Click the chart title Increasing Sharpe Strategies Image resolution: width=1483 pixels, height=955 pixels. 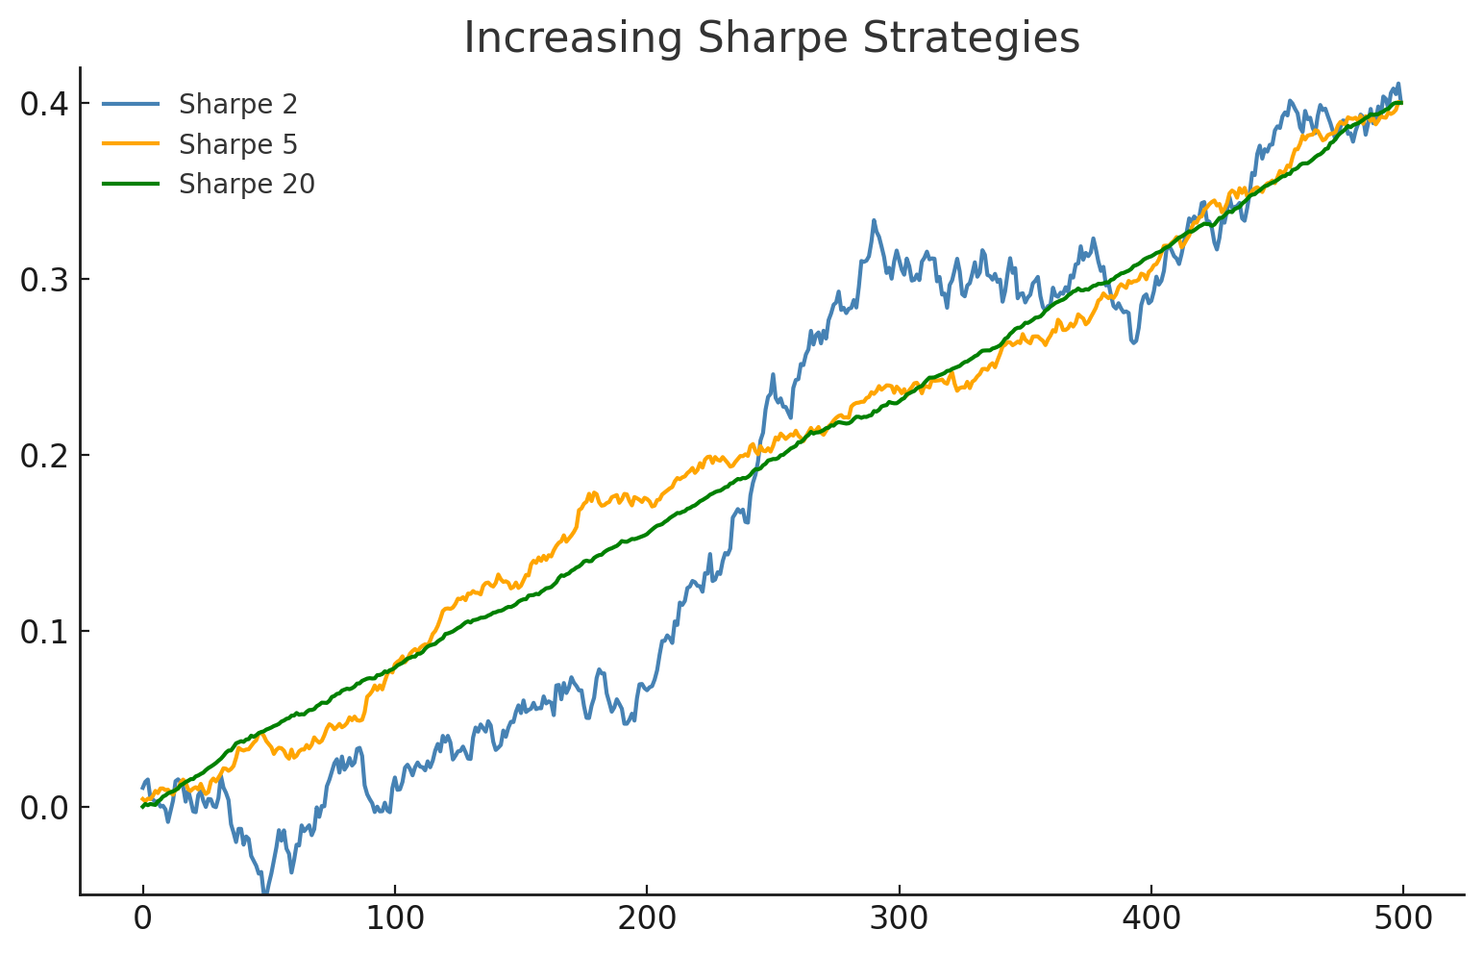tap(772, 38)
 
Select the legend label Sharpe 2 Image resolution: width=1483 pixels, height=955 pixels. tap(237, 104)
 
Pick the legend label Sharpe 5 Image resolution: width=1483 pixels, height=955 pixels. tap(237, 144)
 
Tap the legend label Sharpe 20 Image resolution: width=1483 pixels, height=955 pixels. tap(246, 185)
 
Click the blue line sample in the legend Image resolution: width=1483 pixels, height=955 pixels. tap(131, 104)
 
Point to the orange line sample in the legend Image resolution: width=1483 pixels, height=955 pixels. tap(131, 144)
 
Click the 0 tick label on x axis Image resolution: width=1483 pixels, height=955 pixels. tap(142, 919)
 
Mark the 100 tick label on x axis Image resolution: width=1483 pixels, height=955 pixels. tap(394, 919)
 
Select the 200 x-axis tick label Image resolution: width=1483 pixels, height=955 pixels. tap(647, 919)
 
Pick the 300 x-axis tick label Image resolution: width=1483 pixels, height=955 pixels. tap(899, 919)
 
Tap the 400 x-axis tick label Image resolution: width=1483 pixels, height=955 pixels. tap(1150, 919)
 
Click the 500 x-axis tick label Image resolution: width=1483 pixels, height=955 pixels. tap(1402, 919)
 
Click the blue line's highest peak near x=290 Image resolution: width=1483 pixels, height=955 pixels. tap(874, 221)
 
